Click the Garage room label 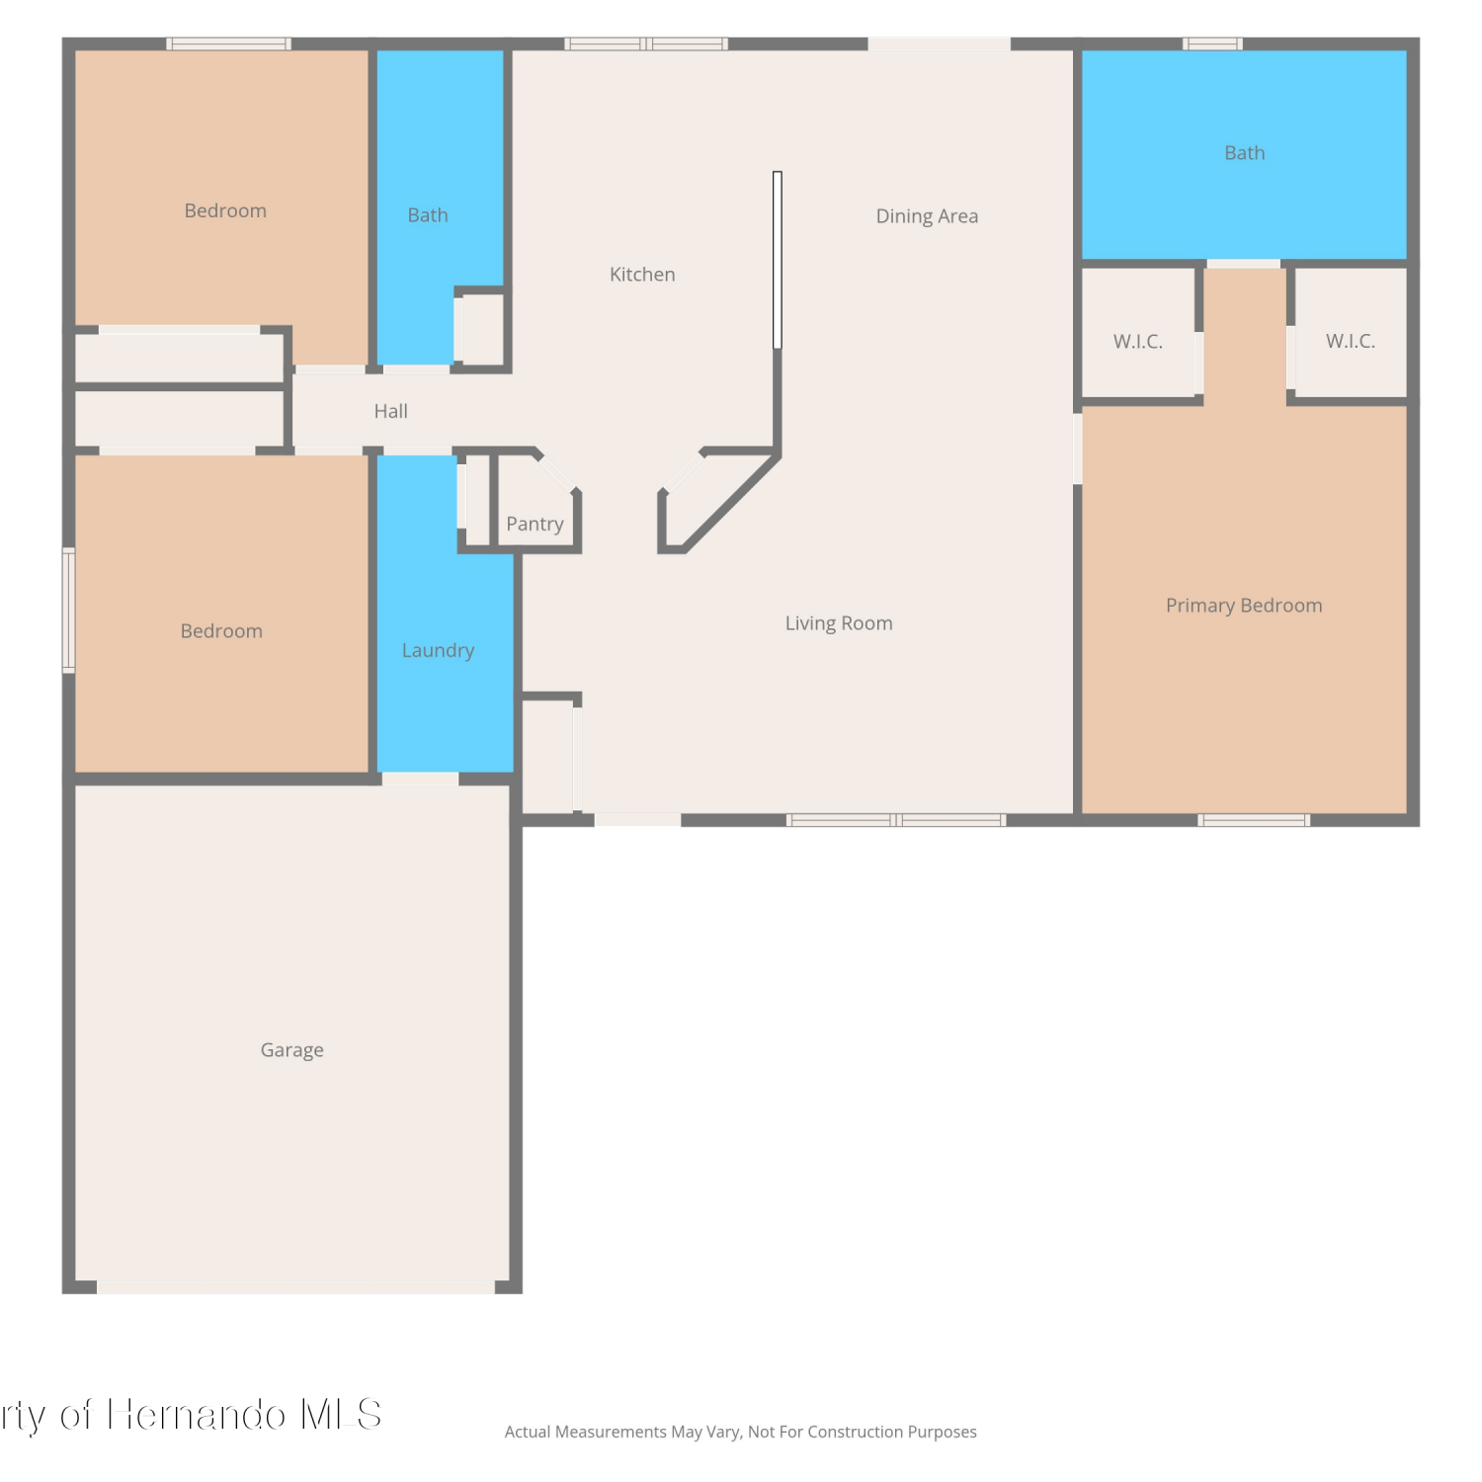pos(292,1050)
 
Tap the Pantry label pos(535,524)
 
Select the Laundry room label pos(438,650)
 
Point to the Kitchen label pos(642,275)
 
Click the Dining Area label pos(927,216)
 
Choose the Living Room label pos(839,623)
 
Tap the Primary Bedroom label pos(1244,606)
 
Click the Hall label pos(391,411)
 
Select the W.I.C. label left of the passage pos(1138,342)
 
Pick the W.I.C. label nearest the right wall pos(1351,341)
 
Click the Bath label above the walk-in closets pos(1245,153)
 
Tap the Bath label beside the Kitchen pos(428,215)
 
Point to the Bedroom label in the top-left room pos(225,210)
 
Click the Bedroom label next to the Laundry pos(221,631)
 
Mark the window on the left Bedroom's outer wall pos(69,611)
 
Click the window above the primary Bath pos(1213,43)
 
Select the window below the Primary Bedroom pos(1254,820)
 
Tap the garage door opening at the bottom pos(295,1287)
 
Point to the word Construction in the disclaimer pos(850,1432)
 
